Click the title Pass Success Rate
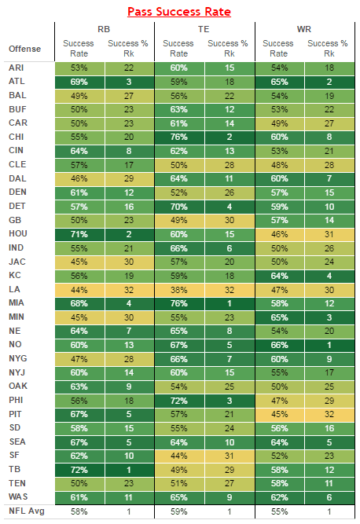click(x=179, y=12)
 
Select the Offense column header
click(x=24, y=49)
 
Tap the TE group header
click(x=204, y=29)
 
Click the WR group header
click(x=304, y=29)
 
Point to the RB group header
click(x=104, y=29)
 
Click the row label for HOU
click(x=18, y=233)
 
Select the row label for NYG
click(x=18, y=358)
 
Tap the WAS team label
click(x=18, y=497)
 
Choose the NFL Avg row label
click(x=27, y=511)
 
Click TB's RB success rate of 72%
click(x=79, y=470)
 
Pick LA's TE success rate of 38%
click(x=179, y=290)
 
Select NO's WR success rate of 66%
click(x=280, y=345)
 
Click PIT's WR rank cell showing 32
click(x=329, y=414)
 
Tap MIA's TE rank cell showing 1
click(x=230, y=303)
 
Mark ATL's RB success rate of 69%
click(x=79, y=82)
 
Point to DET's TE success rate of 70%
click(x=179, y=207)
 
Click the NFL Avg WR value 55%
click(x=280, y=511)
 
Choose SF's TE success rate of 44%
click(x=179, y=456)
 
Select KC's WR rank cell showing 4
click(x=329, y=276)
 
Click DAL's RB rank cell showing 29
click(x=129, y=179)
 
